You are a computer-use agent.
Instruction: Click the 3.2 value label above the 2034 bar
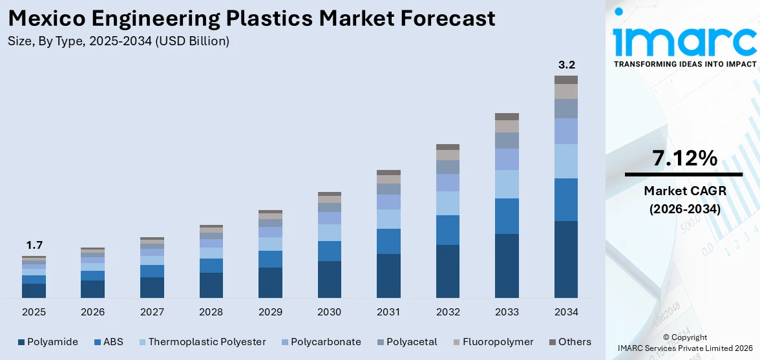[566, 65]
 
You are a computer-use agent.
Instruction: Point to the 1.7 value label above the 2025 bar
[34, 245]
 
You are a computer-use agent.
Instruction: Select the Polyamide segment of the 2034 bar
[566, 259]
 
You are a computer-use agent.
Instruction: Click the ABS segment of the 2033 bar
[507, 216]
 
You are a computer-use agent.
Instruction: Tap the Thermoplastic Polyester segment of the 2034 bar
[566, 161]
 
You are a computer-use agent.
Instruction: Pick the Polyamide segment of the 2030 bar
[329, 279]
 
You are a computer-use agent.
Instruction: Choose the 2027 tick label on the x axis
[152, 312]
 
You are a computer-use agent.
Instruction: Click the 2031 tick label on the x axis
[388, 312]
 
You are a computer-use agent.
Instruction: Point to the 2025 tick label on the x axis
[34, 312]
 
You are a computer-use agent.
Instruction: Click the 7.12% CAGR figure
[684, 158]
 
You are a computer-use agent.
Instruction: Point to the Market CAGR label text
[684, 191]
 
